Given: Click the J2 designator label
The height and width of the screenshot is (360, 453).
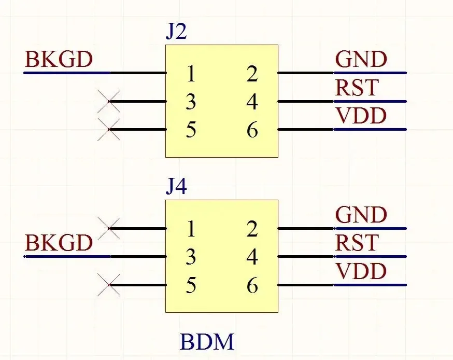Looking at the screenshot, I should click(x=176, y=32).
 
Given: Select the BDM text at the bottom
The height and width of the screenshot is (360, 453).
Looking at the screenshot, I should click(x=207, y=342).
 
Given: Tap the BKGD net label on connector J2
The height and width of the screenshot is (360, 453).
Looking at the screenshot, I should click(x=59, y=60).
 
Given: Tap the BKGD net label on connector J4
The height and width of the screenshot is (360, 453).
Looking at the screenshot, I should click(x=59, y=243).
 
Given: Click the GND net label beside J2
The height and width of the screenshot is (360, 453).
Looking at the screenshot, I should click(x=361, y=60).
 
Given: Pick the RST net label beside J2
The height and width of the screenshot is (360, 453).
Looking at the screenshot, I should click(x=357, y=88).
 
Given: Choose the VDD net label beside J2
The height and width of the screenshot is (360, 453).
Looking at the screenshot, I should click(x=361, y=116).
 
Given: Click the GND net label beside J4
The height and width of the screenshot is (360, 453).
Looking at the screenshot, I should click(x=361, y=215).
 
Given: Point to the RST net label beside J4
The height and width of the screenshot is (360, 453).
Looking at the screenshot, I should click(x=357, y=243).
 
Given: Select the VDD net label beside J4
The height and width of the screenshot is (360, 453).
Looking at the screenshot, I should click(x=361, y=271).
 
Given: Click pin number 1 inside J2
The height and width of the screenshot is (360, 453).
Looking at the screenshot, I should click(x=191, y=75).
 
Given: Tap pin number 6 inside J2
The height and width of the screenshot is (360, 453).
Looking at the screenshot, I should click(x=252, y=131).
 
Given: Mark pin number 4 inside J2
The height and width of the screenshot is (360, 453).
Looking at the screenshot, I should click(x=252, y=103).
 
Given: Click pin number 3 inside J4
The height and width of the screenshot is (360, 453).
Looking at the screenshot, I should click(x=191, y=257).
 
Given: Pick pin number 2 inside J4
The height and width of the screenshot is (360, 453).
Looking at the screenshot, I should click(x=252, y=229).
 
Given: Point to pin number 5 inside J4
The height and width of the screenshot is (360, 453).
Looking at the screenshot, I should click(x=191, y=286).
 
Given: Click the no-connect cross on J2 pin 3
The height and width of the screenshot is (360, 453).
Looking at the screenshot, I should click(x=109, y=101).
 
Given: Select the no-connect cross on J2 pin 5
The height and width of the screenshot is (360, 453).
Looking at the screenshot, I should click(x=109, y=129).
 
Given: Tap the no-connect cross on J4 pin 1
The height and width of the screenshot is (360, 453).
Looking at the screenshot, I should click(x=109, y=228).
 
